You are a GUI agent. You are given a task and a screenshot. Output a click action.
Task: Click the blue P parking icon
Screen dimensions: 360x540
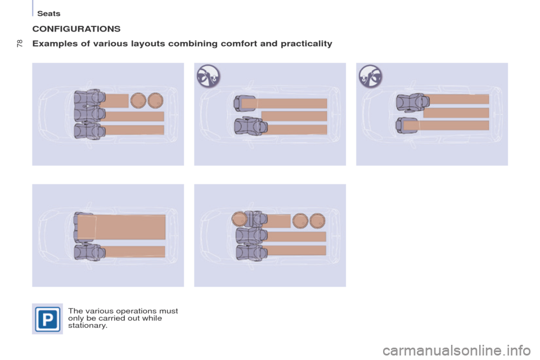(47, 318)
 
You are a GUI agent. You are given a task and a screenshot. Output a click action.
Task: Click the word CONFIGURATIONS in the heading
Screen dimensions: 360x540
(76, 28)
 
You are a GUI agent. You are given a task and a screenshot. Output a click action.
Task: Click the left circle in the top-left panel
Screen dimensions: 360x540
(138, 100)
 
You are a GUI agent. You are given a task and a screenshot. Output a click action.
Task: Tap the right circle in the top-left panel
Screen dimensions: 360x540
(155, 100)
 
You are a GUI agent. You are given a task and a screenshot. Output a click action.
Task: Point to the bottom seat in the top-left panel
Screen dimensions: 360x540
(88, 130)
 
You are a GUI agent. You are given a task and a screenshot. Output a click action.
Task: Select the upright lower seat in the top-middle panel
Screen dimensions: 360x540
(249, 127)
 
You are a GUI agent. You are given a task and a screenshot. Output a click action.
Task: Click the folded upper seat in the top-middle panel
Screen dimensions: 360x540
(245, 103)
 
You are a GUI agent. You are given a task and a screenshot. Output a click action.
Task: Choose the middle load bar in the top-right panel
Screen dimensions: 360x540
(456, 112)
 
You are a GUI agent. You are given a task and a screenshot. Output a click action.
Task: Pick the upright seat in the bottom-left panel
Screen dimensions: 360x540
(88, 252)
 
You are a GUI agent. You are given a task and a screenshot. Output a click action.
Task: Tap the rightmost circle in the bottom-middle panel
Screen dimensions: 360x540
(318, 220)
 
